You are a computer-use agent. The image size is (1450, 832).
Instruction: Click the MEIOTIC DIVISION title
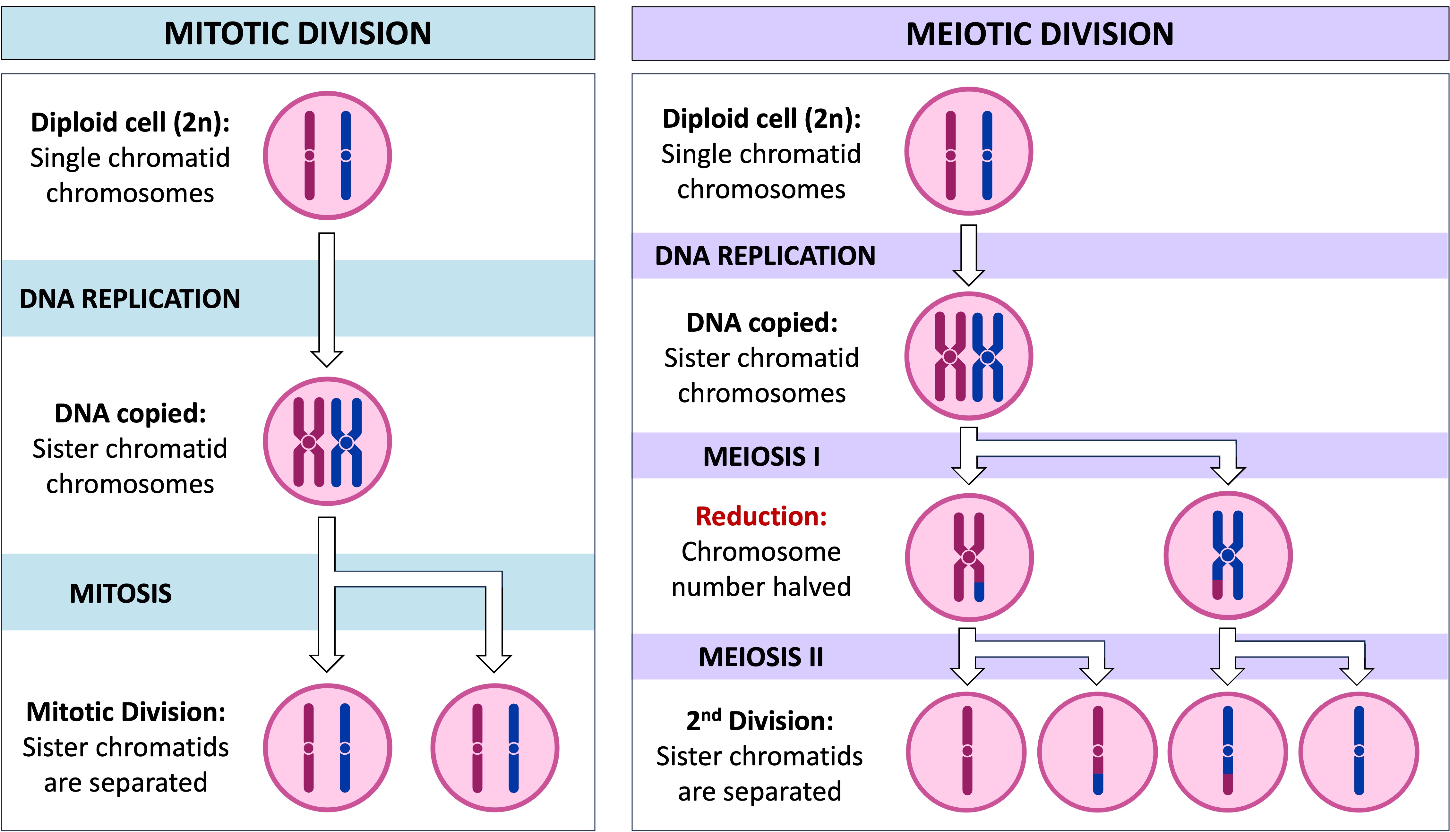coord(1040,34)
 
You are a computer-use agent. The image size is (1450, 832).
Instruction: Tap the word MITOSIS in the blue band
coord(121,593)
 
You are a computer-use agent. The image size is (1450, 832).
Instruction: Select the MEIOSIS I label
coord(761,456)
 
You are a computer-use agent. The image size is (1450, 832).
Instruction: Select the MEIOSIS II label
coord(761,657)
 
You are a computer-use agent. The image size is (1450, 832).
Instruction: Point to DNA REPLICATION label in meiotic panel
coord(765,255)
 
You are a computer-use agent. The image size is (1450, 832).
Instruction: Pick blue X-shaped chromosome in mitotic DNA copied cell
coord(346,442)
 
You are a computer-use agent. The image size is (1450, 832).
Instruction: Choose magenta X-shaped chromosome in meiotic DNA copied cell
coord(950,357)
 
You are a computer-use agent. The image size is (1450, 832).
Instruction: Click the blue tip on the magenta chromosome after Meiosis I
coord(979,591)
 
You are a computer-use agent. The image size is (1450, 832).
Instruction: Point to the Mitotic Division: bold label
coord(126,712)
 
